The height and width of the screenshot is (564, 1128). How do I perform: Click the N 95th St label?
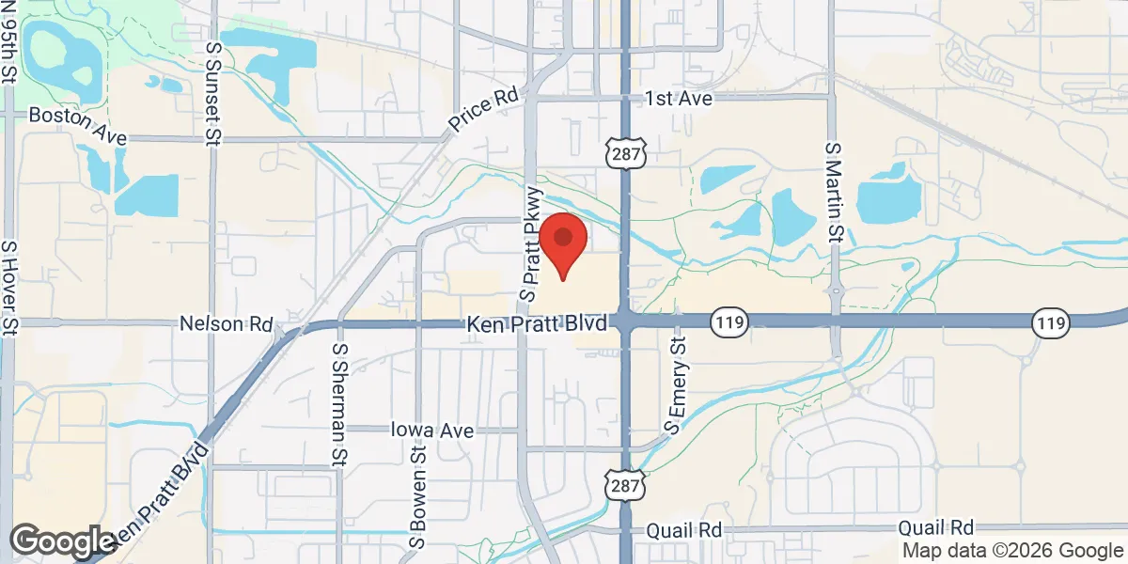[x=9, y=42]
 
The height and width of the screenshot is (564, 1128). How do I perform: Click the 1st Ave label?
[x=680, y=99]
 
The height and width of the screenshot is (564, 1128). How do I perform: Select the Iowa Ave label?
[x=431, y=430]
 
